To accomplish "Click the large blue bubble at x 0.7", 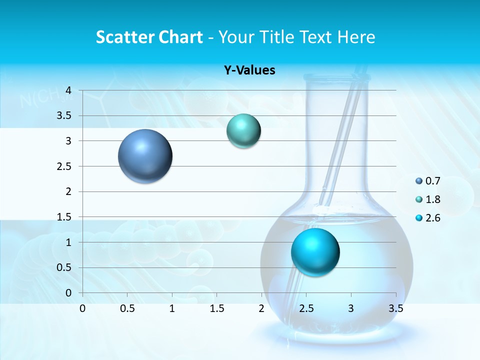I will [x=145, y=156].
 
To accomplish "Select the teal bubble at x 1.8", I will [x=243, y=131].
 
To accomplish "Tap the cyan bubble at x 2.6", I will [x=315, y=252].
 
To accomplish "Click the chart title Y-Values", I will [x=249, y=70].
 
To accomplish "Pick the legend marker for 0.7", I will [x=419, y=181].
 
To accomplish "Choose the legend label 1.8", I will [x=433, y=199].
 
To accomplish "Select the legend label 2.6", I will [x=433, y=218].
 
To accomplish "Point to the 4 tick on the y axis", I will [x=68, y=90].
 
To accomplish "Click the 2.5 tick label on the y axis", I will [x=63, y=166].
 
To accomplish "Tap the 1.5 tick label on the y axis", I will [x=63, y=217].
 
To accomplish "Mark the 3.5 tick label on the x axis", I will [x=395, y=308].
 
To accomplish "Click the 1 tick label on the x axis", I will [x=172, y=308].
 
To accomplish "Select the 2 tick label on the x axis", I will [x=261, y=308].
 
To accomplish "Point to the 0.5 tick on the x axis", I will [x=127, y=308].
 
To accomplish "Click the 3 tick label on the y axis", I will [x=68, y=141].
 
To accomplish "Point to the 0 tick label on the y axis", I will [x=68, y=293].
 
